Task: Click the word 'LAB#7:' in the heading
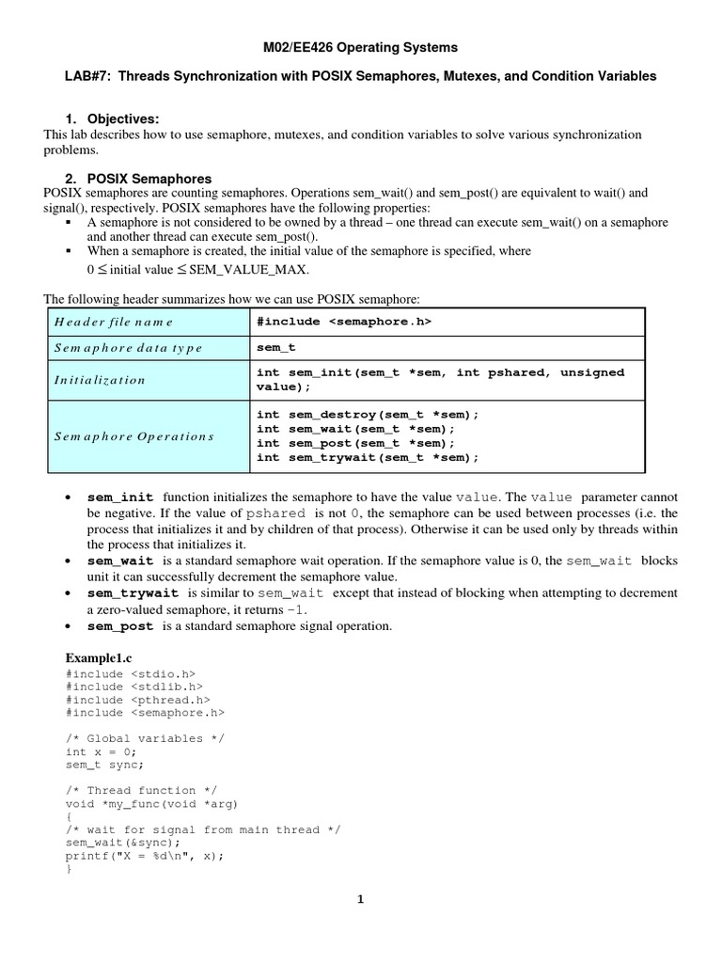[86, 76]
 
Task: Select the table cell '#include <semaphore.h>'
[344, 322]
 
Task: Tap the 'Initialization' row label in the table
[100, 380]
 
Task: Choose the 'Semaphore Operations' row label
[134, 436]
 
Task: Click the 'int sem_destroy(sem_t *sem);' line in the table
[368, 415]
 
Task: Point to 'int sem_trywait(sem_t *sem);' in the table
[368, 457]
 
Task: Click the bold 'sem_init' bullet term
[120, 497]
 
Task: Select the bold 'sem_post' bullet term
[120, 625]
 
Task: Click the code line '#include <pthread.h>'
[137, 700]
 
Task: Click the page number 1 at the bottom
[360, 899]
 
